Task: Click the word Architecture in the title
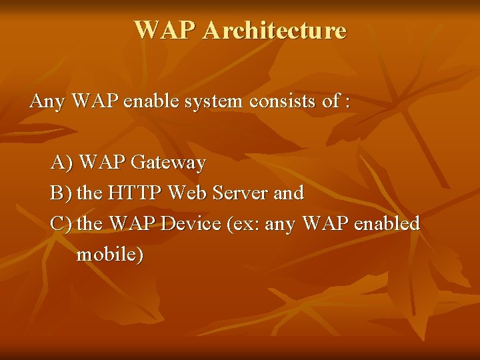click(275, 31)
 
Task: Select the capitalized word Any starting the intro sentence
click(47, 102)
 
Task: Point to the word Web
click(187, 193)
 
